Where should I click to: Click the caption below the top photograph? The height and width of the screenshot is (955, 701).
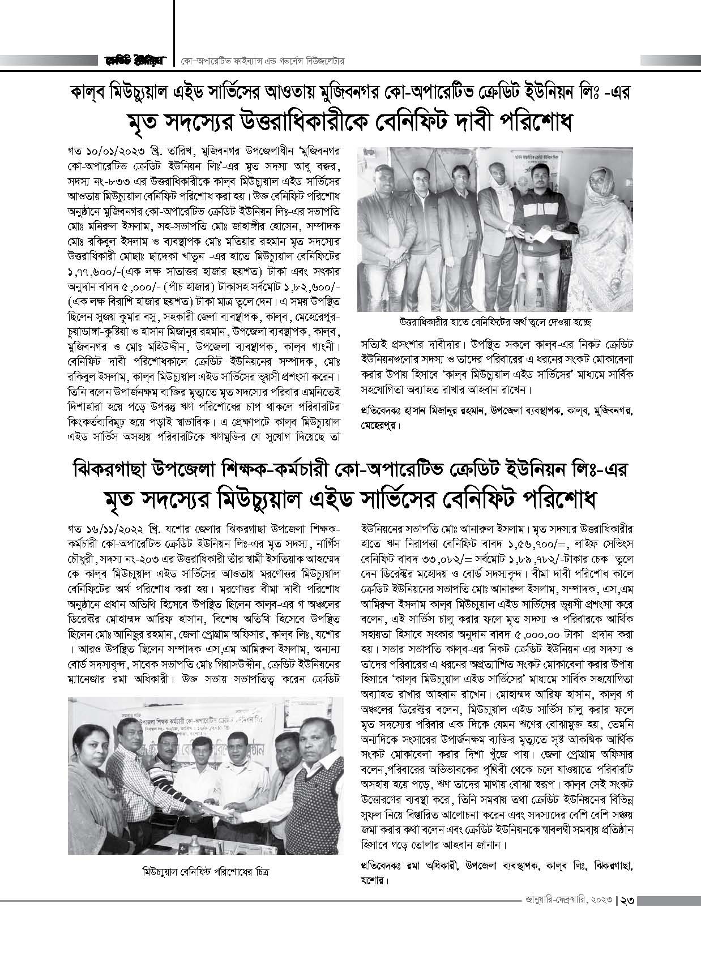pos(475,322)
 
